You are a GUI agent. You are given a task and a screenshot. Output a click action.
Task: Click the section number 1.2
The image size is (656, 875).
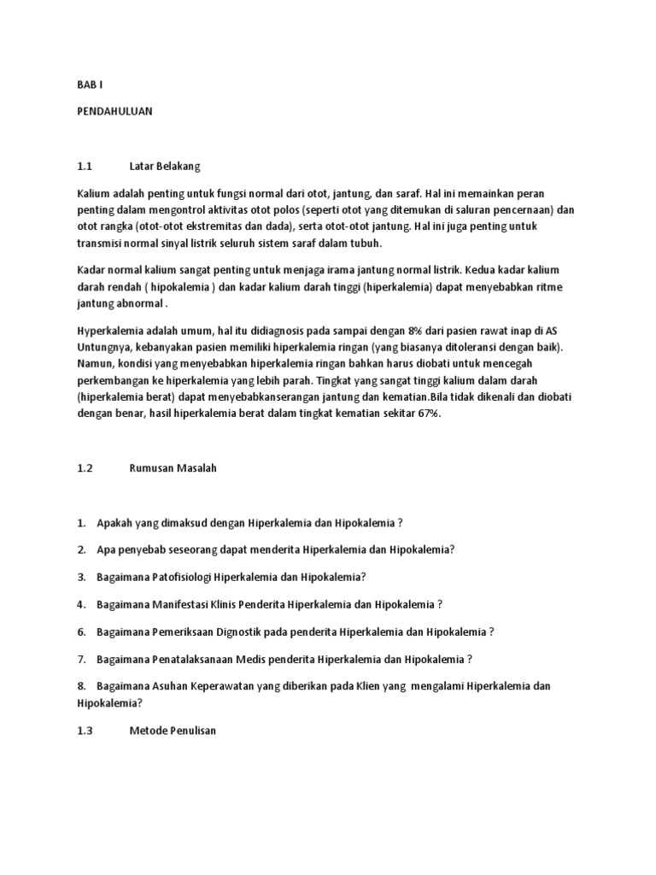pyautogui.click(x=84, y=467)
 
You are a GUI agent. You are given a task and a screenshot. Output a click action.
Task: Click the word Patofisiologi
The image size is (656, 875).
pyautogui.click(x=179, y=577)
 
